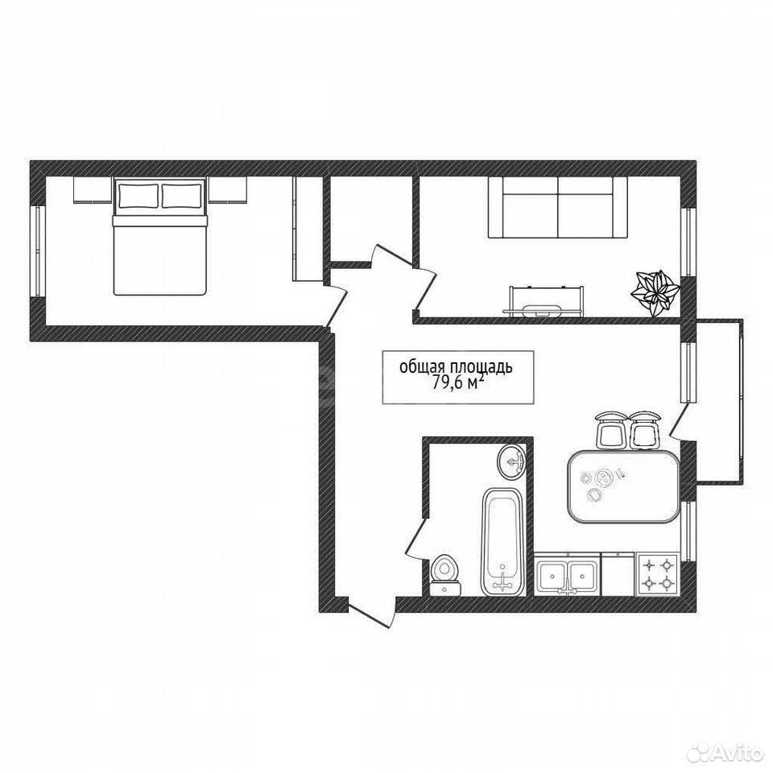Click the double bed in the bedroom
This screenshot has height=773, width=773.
(159, 237)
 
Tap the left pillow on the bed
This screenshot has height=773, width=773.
(138, 196)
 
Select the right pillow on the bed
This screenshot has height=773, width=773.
(182, 196)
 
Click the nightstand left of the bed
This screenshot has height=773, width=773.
(93, 189)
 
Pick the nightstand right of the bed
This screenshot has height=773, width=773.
(227, 189)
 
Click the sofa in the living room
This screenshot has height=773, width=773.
(557, 208)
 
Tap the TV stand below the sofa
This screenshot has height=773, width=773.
(545, 300)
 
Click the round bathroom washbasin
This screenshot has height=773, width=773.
(512, 461)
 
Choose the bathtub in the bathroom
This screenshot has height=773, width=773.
(502, 542)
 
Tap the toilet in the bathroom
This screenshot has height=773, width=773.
(445, 577)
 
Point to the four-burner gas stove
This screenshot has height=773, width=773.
(658, 574)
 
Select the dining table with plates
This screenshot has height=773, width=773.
(623, 486)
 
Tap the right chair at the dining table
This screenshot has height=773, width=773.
(645, 430)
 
